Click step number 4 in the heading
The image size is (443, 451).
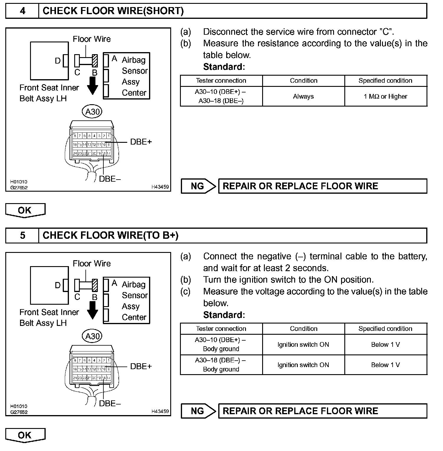[x=22, y=11]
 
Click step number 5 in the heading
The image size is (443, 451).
[x=22, y=236]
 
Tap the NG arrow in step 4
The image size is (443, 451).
[x=198, y=186]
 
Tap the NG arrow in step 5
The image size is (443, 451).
[x=198, y=411]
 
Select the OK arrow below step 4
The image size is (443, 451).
[x=25, y=210]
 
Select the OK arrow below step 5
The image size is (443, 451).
[x=25, y=435]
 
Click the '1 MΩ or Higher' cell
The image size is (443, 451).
[x=386, y=97]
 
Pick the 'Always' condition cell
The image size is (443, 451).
[x=303, y=97]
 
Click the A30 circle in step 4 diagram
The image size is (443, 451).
[x=92, y=112]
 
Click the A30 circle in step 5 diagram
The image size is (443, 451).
[x=92, y=336]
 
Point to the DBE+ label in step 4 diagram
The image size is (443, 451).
[x=141, y=142]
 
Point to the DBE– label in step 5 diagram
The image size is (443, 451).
[x=110, y=404]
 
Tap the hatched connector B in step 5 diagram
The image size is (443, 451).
[x=95, y=285]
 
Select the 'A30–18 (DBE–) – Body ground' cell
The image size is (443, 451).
[x=221, y=365]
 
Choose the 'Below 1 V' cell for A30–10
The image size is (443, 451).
[x=386, y=344]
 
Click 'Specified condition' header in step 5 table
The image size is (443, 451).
[x=386, y=329]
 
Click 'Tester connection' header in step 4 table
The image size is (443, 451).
[x=221, y=81]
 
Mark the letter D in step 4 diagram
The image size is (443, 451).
[x=58, y=61]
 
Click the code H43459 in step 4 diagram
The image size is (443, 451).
[x=160, y=187]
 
